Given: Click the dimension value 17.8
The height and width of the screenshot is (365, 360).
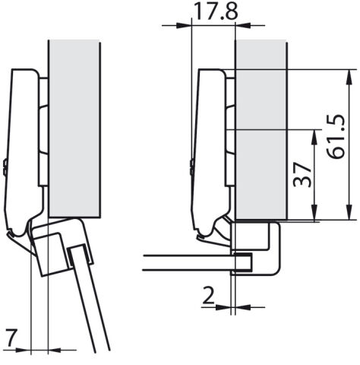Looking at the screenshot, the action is [216, 11].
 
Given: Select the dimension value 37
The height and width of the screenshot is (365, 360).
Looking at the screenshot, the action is [302, 175].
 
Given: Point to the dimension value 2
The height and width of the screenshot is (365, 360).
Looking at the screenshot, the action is [208, 296].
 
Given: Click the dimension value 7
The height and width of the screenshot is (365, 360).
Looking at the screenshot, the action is [12, 338].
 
